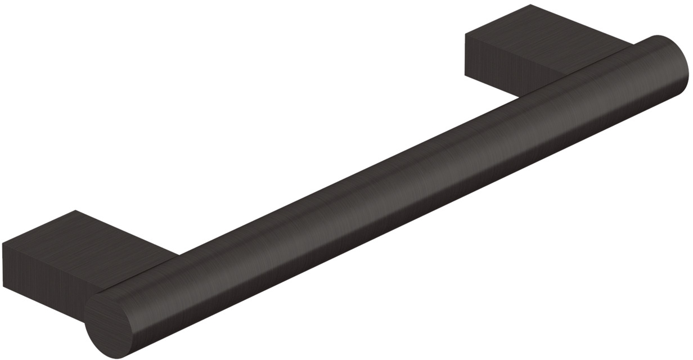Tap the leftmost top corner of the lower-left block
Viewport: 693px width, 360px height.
pyautogui.click(x=3, y=244)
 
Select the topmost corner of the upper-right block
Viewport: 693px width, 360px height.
pyautogui.click(x=530, y=4)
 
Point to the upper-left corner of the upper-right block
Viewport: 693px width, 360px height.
pyautogui.click(x=466, y=34)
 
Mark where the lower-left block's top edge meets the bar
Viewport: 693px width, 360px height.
pyautogui.click(x=179, y=255)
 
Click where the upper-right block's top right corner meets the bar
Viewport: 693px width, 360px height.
pyautogui.click(x=634, y=43)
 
